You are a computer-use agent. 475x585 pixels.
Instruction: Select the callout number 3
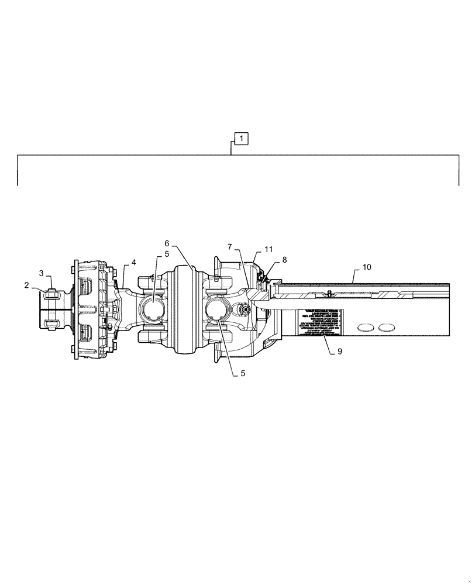pos(42,273)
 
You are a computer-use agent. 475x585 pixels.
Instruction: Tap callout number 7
pos(230,248)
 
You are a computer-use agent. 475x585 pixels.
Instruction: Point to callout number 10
pos(366,267)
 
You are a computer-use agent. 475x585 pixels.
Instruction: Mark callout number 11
pos(269,249)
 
